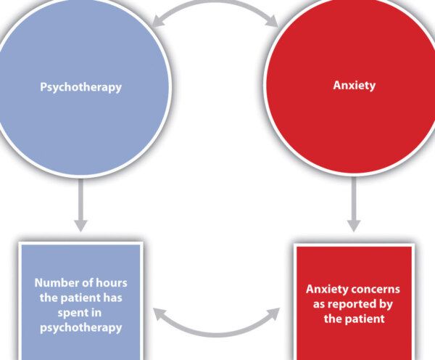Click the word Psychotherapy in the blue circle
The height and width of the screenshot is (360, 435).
[x=80, y=86]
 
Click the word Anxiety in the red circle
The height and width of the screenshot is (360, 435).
[x=354, y=85]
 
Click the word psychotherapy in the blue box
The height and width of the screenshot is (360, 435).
[x=80, y=327]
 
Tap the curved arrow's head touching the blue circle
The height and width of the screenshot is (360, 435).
[x=157, y=24]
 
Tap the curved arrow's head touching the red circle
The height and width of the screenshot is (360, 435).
[x=276, y=24]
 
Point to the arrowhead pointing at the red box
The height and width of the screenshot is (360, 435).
[x=278, y=315]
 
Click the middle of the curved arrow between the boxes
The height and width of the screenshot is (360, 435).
[x=217, y=335]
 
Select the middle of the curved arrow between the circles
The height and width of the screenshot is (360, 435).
[x=217, y=4]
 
